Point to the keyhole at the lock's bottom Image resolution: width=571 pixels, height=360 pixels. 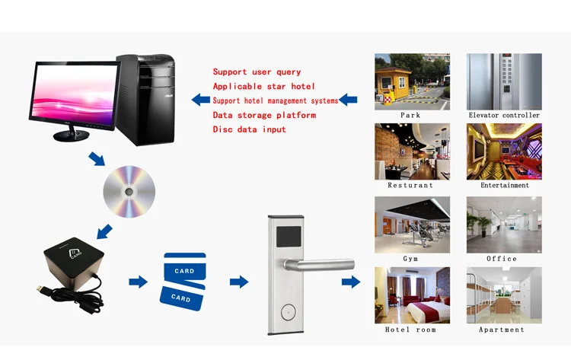287,311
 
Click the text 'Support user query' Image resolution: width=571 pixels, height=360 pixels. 257,72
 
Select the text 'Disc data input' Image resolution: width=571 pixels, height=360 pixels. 249,129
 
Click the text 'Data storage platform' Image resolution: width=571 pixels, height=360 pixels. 263,115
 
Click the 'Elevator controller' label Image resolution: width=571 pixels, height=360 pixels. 504,116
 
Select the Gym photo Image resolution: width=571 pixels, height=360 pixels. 412,225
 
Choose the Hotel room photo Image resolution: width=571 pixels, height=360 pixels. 412,295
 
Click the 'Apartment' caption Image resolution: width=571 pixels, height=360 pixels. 502,330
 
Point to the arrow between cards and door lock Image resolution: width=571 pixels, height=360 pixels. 239,282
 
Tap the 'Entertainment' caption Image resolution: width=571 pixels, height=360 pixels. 504,186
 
